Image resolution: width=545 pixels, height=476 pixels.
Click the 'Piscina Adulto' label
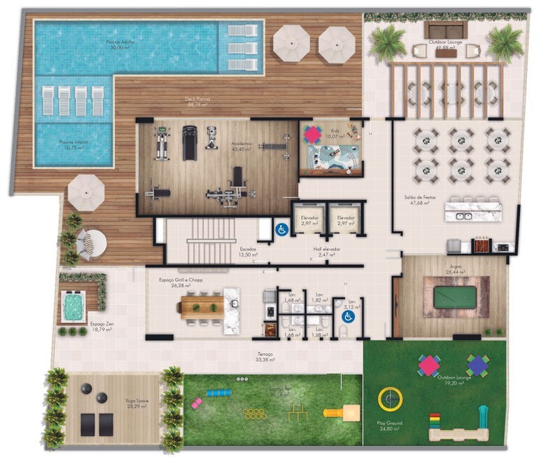click(x=120, y=43)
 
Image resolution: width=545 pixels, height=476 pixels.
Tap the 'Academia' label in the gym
click(x=242, y=145)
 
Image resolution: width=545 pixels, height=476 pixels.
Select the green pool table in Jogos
click(x=456, y=298)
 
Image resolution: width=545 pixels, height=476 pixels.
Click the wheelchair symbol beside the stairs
click(x=282, y=230)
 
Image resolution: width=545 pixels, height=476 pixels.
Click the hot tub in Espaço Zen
click(x=72, y=305)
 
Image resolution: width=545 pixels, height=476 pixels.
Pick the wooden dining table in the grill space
click(x=201, y=307)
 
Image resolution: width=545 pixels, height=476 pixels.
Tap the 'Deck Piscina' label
click(x=198, y=100)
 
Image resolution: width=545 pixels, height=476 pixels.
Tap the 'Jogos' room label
click(x=455, y=266)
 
